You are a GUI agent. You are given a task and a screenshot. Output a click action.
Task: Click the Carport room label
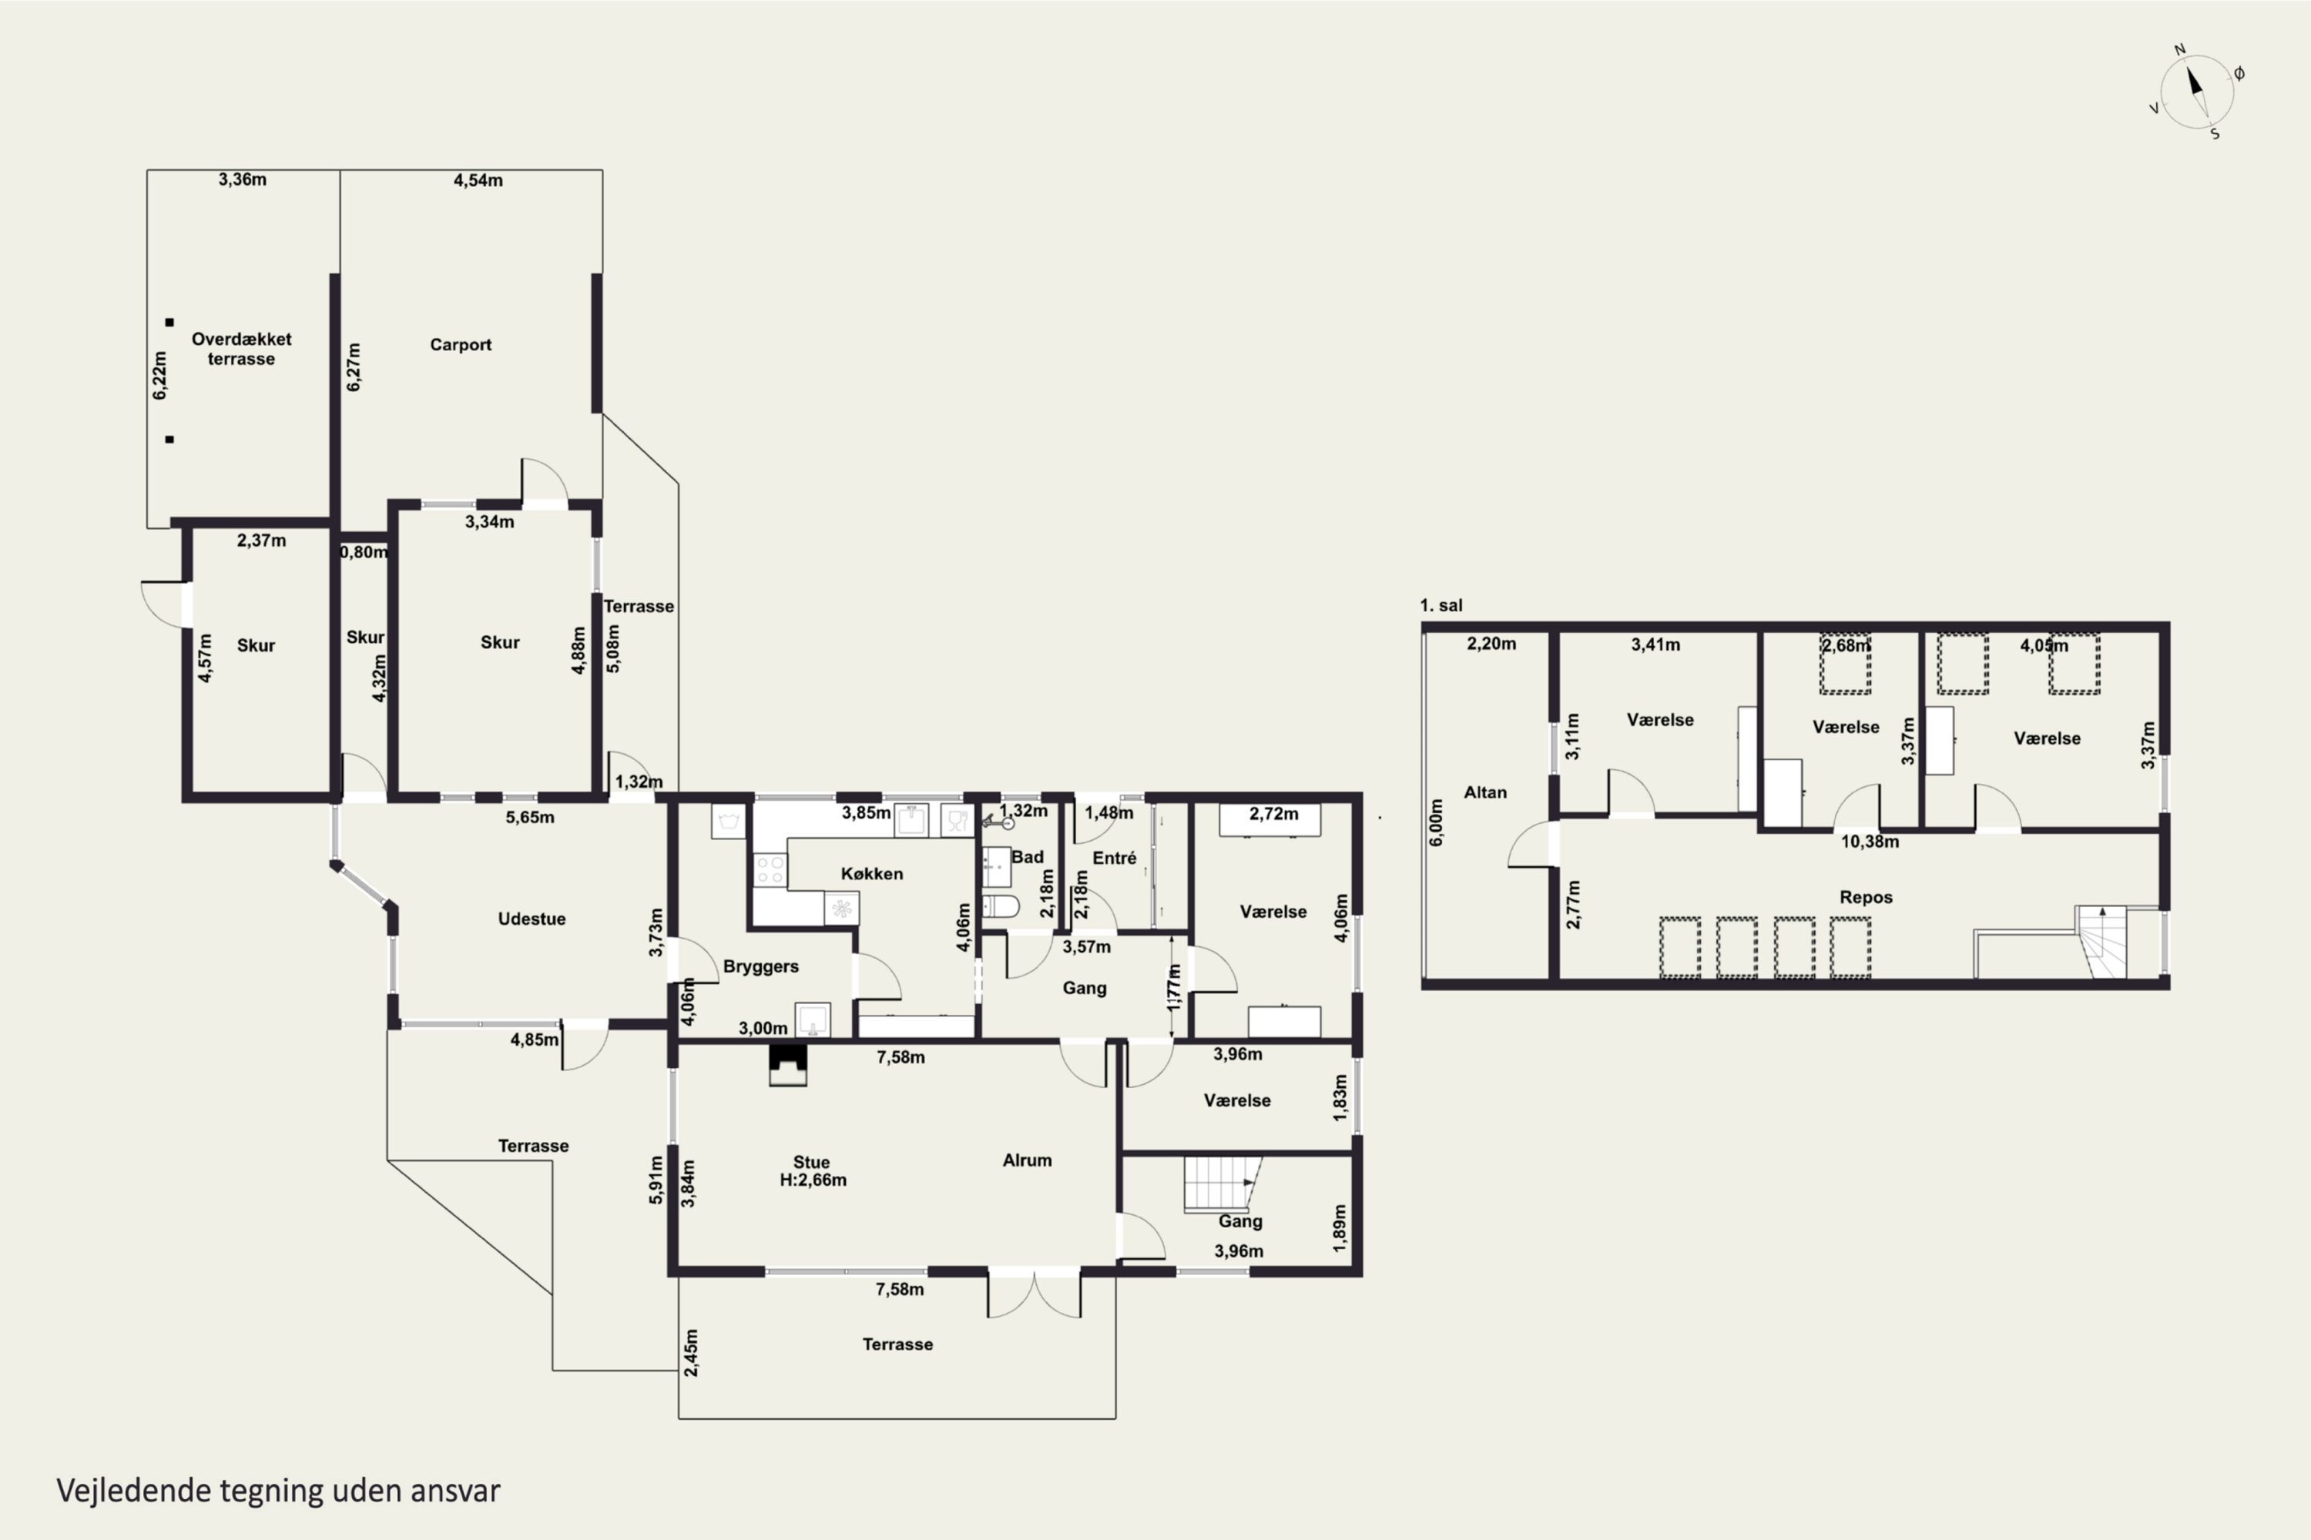[460, 345]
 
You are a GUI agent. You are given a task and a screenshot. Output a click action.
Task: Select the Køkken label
[871, 874]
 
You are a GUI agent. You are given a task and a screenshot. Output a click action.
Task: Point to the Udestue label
[532, 919]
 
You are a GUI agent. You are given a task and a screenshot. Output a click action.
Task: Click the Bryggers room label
[760, 966]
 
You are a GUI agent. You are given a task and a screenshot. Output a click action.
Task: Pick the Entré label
[1114, 859]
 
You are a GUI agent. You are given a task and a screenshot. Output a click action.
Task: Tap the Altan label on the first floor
[1484, 792]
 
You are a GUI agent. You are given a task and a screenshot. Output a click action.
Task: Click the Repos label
[1866, 898]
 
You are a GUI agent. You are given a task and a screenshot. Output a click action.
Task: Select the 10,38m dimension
[1870, 842]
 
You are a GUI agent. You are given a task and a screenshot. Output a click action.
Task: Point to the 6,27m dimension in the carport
[354, 367]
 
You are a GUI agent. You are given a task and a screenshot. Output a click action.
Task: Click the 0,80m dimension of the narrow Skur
[364, 552]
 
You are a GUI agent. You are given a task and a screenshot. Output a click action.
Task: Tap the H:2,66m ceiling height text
[813, 1180]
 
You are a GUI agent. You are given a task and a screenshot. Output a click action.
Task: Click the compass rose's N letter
[2179, 50]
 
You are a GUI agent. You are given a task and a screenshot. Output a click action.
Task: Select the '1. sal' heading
[1441, 606]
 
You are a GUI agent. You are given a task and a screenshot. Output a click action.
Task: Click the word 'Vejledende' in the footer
[133, 1491]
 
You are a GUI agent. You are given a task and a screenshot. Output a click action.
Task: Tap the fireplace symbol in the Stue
[787, 1065]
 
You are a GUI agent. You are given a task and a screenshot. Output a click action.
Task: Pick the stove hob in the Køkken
[770, 870]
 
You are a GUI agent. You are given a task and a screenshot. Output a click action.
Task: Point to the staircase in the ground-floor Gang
[1221, 1184]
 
